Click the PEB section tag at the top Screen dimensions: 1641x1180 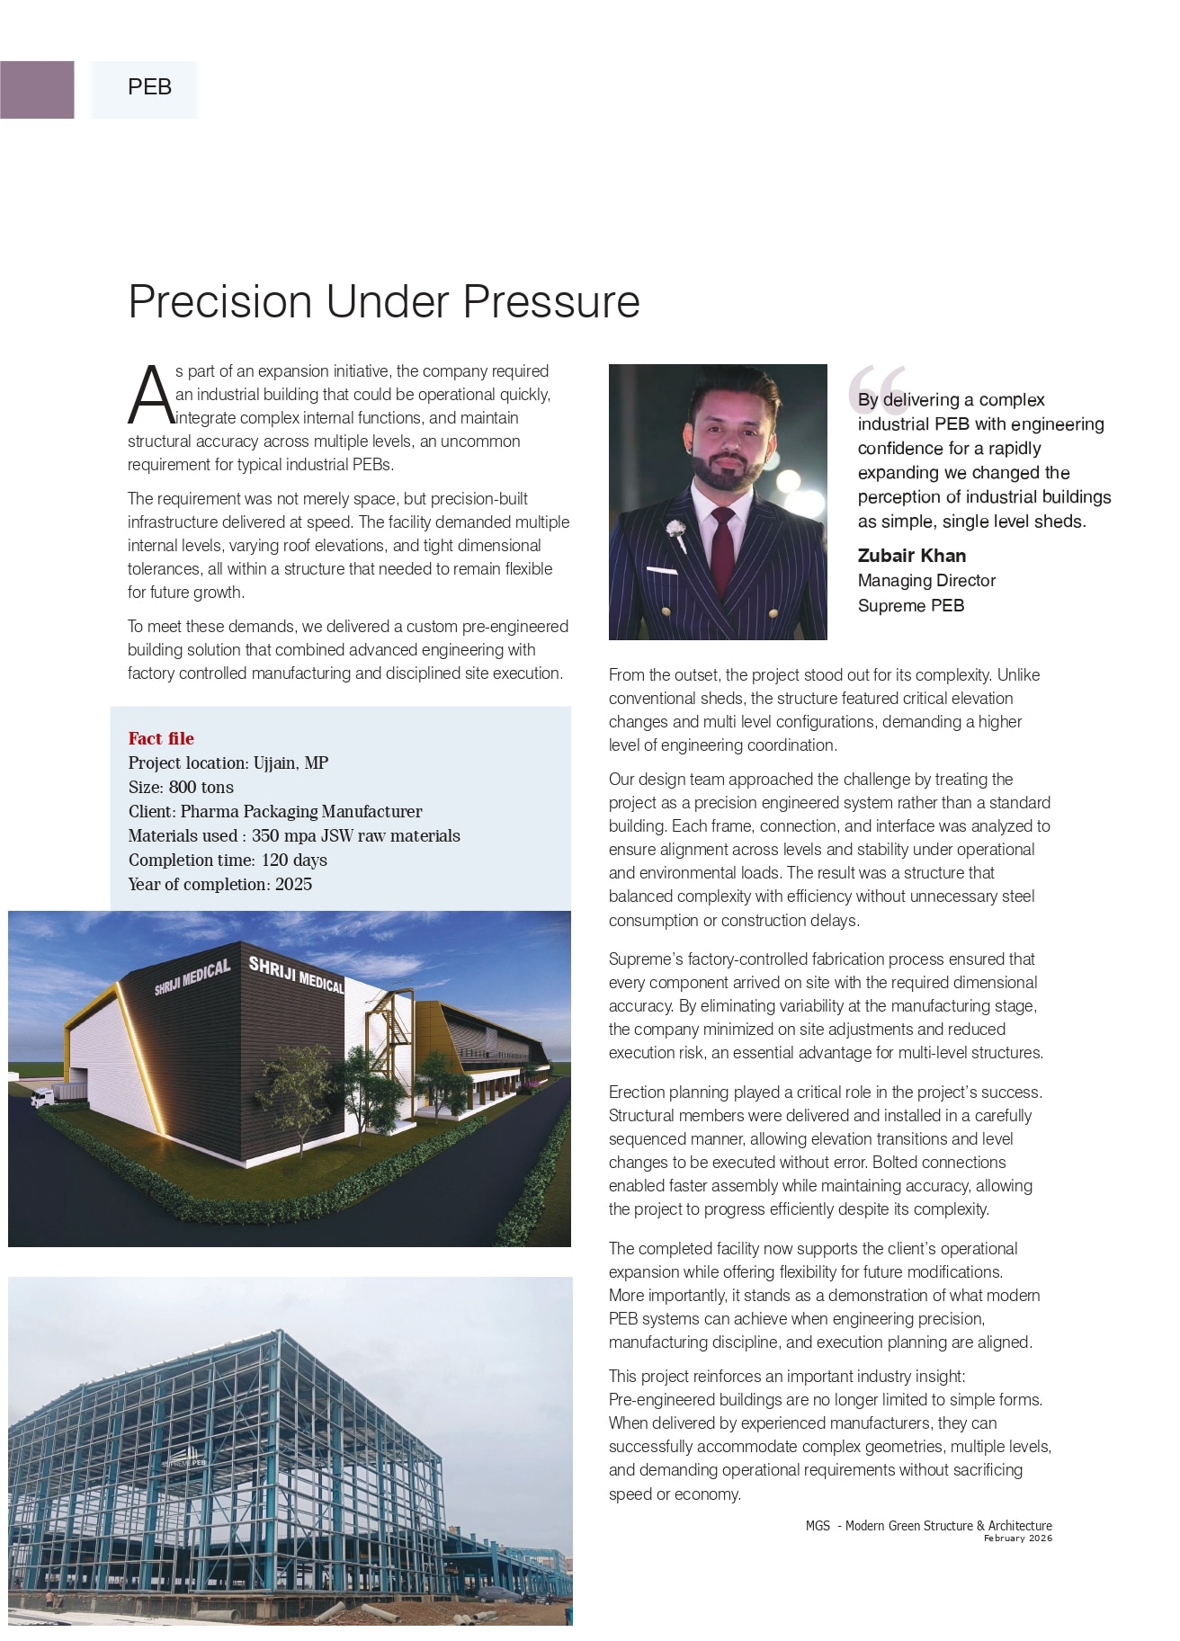point(149,87)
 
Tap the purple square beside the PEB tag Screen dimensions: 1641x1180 point(37,90)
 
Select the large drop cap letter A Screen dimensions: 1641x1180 point(150,396)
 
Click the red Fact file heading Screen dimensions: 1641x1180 point(161,738)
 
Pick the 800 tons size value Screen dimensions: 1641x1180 point(201,788)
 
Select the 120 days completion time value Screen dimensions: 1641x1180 point(294,861)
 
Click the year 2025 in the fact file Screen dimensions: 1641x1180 point(293,885)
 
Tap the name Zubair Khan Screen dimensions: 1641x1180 point(911,556)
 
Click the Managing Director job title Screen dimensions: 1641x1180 point(926,581)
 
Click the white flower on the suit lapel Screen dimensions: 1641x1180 point(676,531)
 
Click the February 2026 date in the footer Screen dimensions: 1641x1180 point(1017,1538)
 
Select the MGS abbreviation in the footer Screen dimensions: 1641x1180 point(818,1526)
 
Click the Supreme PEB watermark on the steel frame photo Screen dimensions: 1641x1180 point(184,1463)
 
